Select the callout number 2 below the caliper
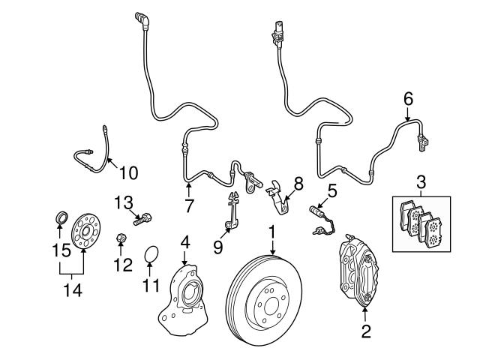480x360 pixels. (x=366, y=331)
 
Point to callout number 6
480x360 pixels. (x=408, y=98)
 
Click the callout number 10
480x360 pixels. (x=128, y=172)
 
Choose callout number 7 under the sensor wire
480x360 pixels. (x=189, y=205)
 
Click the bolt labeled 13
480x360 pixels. (x=145, y=219)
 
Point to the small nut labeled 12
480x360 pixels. (x=120, y=240)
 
